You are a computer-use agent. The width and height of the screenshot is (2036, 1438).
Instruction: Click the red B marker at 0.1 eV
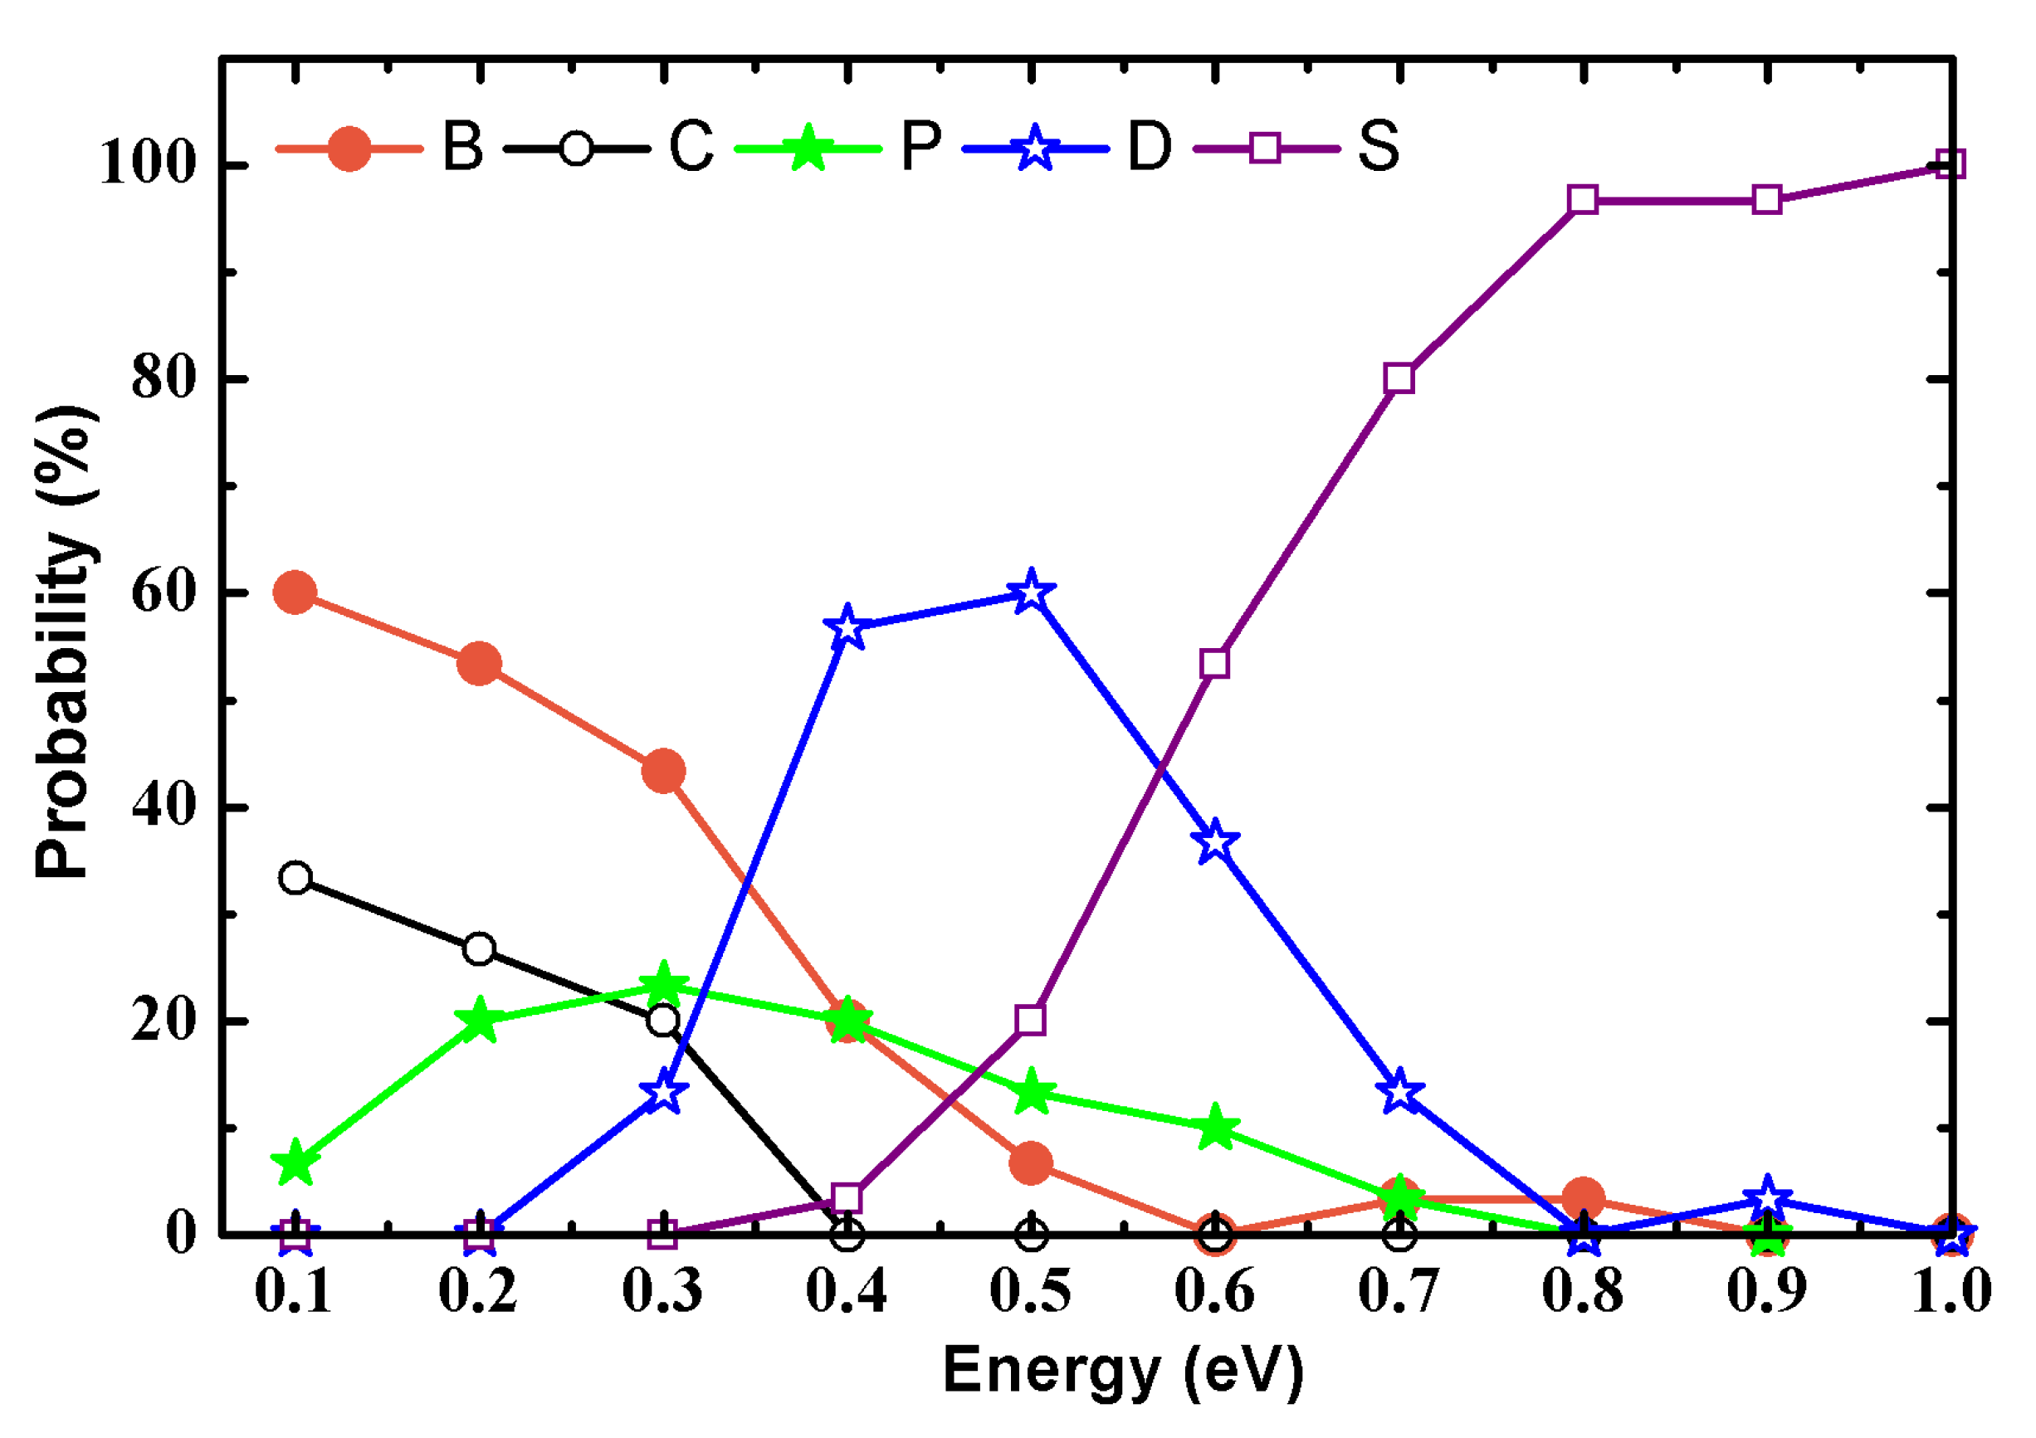(x=295, y=592)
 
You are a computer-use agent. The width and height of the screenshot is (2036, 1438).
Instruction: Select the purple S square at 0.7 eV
(x=1399, y=378)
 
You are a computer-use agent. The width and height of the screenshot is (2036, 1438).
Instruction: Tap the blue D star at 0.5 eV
(x=1030, y=592)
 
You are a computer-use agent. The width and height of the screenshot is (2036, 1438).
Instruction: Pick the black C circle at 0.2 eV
(x=479, y=948)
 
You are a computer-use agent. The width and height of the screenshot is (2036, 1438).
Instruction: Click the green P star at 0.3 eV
(x=663, y=984)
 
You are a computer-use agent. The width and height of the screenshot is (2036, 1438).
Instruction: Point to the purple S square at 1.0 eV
(x=1951, y=165)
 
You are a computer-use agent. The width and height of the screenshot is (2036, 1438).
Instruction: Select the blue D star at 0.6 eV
(x=1215, y=841)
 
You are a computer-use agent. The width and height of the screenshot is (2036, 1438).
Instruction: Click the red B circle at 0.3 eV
(x=663, y=770)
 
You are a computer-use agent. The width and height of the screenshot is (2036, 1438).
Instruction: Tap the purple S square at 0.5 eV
(x=1030, y=1021)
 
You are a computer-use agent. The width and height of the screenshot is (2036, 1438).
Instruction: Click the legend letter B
(x=463, y=146)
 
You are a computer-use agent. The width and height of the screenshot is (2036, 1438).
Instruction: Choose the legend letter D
(x=1150, y=146)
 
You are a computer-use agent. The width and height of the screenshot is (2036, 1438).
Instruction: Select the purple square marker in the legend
(x=1266, y=148)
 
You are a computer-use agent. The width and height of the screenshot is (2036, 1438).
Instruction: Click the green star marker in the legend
(x=808, y=148)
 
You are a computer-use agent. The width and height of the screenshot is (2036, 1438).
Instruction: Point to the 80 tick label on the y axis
(x=163, y=378)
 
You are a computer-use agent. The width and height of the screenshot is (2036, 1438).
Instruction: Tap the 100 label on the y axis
(x=147, y=165)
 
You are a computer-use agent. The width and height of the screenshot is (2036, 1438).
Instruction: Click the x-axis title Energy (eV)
(x=1123, y=1371)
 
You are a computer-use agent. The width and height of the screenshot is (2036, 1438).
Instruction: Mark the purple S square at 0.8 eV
(x=1583, y=200)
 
